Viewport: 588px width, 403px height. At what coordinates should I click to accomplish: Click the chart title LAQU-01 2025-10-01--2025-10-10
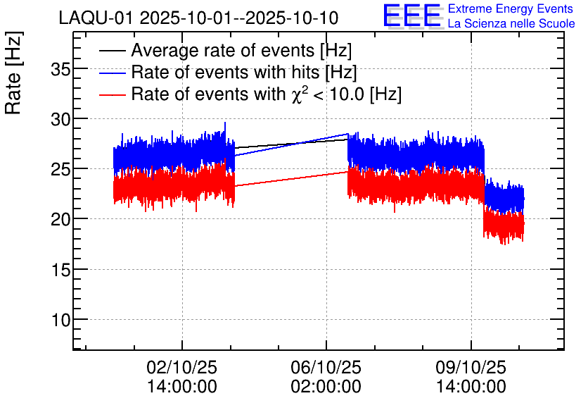(198, 17)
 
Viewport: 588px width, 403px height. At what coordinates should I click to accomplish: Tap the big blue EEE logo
(411, 16)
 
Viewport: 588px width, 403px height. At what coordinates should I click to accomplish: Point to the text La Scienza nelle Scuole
(511, 24)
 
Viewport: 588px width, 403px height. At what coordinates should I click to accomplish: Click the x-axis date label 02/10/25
(182, 368)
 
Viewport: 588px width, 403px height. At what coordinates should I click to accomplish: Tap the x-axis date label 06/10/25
(326, 368)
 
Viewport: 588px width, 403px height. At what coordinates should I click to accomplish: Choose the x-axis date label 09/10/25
(471, 368)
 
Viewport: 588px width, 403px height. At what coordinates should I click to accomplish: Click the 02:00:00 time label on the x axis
(326, 387)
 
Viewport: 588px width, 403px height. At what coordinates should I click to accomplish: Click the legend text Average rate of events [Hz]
(241, 51)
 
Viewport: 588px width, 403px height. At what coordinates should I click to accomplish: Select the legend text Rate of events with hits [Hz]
(244, 73)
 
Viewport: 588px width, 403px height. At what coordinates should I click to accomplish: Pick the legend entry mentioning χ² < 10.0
(267, 94)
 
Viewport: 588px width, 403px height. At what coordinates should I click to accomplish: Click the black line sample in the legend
(112, 51)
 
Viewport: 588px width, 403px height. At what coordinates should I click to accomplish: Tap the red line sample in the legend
(112, 94)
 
